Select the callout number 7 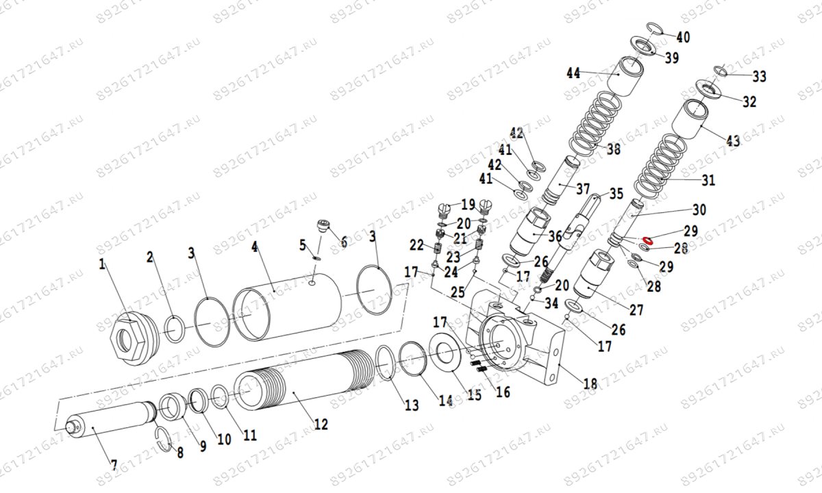click(x=114, y=465)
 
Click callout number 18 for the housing click(x=590, y=383)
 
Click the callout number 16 click(x=502, y=392)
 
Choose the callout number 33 click(x=759, y=75)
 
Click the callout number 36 click(x=554, y=236)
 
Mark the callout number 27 click(x=636, y=309)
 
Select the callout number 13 click(x=410, y=405)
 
